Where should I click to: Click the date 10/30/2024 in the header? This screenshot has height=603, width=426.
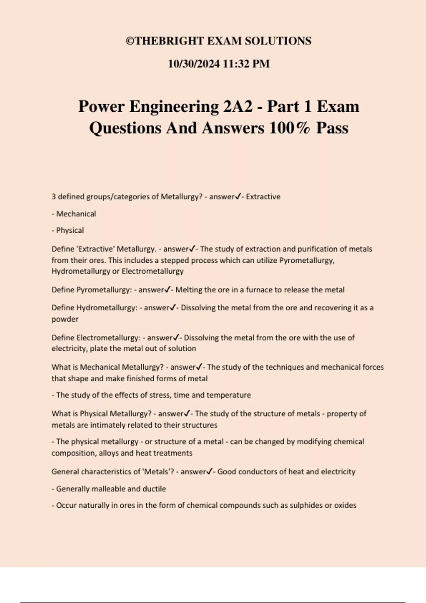coord(194,64)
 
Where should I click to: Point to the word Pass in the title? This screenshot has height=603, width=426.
coord(332,128)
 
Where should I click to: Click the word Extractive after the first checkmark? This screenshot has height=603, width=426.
coord(263,197)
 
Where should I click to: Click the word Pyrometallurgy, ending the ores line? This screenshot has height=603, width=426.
coord(307,260)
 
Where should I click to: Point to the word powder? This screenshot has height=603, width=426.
coord(65,319)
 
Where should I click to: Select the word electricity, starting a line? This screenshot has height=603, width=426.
coord(69,349)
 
